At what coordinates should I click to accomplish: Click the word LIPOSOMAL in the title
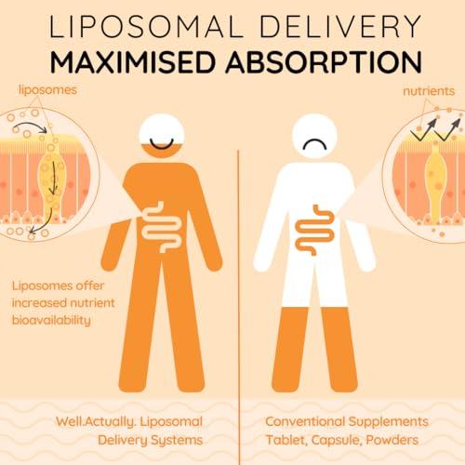coord(146,26)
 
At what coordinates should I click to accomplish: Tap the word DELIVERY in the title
coord(340,26)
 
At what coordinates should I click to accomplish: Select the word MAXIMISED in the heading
coord(132,61)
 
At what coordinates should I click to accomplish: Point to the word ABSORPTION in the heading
coord(324,61)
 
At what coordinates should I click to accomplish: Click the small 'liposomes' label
coord(47,90)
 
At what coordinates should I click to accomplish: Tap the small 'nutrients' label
coord(429,91)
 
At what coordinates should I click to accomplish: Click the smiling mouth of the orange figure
coord(162,144)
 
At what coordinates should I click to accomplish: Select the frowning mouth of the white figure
coord(314,144)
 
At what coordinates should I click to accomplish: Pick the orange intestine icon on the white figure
coord(314,230)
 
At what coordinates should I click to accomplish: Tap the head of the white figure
coord(314,137)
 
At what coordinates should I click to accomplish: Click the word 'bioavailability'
coord(51,320)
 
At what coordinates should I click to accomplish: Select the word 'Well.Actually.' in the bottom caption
coord(96,422)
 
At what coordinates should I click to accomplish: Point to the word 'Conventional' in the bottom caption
coord(305,421)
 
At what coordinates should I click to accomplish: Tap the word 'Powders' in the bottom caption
coord(392,440)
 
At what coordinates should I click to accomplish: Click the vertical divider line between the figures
coord(239,307)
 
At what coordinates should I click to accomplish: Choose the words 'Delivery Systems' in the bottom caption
coord(150,441)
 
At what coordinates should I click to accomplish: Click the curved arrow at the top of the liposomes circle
coord(30,125)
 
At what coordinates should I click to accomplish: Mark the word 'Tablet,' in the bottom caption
coord(286,440)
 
